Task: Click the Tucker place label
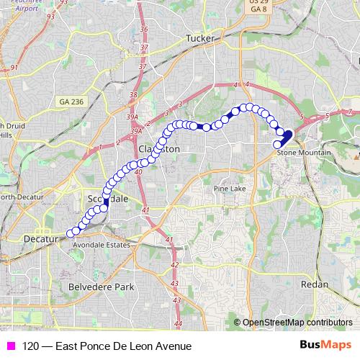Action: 200,38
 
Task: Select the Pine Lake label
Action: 228,189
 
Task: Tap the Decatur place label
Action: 40,238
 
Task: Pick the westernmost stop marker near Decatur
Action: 71,233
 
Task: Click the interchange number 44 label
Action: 179,324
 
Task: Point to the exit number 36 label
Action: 144,29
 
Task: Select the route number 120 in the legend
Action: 30,346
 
